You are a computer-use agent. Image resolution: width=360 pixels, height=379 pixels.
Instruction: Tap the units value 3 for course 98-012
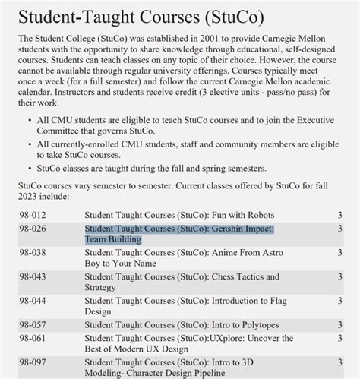coord(339,216)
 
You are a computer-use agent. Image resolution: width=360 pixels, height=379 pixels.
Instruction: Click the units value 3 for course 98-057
coord(339,325)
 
